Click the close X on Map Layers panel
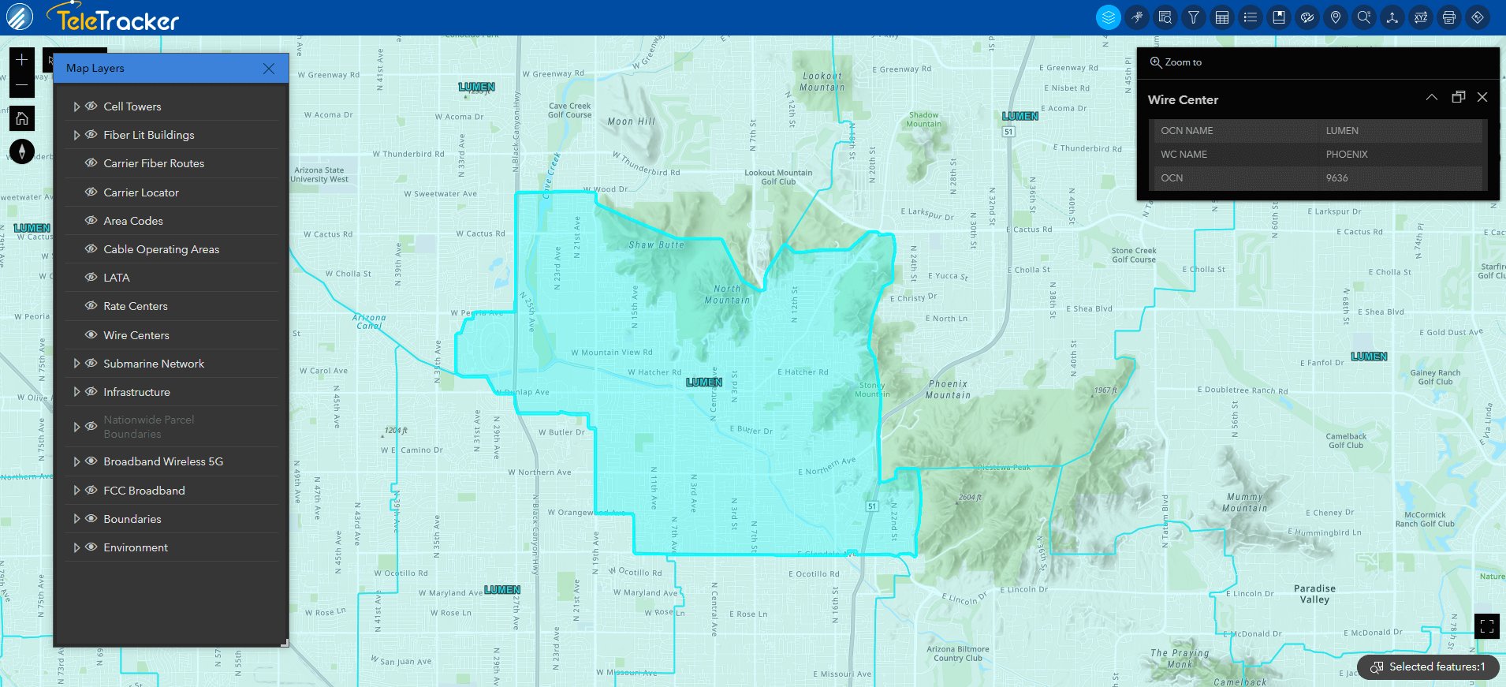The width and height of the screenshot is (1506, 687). coord(269,69)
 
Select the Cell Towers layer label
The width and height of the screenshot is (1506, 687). coord(132,106)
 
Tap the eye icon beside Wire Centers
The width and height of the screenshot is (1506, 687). coord(91,334)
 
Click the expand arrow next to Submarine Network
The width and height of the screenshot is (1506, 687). coord(76,364)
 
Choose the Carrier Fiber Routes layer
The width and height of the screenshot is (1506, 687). coord(154,163)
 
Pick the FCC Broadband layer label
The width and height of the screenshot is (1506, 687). coord(144,491)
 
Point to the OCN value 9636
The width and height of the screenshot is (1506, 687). coord(1336,178)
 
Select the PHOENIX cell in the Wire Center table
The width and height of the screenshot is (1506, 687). coord(1346,155)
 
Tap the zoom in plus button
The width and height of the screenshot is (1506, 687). coord(22,59)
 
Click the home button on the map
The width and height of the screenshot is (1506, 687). coord(22,118)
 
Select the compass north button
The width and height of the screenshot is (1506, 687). coord(22,151)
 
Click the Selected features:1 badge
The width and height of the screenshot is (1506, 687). coord(1428,666)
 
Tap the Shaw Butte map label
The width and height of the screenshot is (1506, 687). coord(656,245)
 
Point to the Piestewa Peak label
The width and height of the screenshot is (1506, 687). coord(1004,468)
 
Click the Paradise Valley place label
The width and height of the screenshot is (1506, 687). coord(1314,594)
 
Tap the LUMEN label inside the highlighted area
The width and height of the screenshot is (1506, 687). coord(703,383)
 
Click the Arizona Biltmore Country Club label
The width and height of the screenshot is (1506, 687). coord(957,654)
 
